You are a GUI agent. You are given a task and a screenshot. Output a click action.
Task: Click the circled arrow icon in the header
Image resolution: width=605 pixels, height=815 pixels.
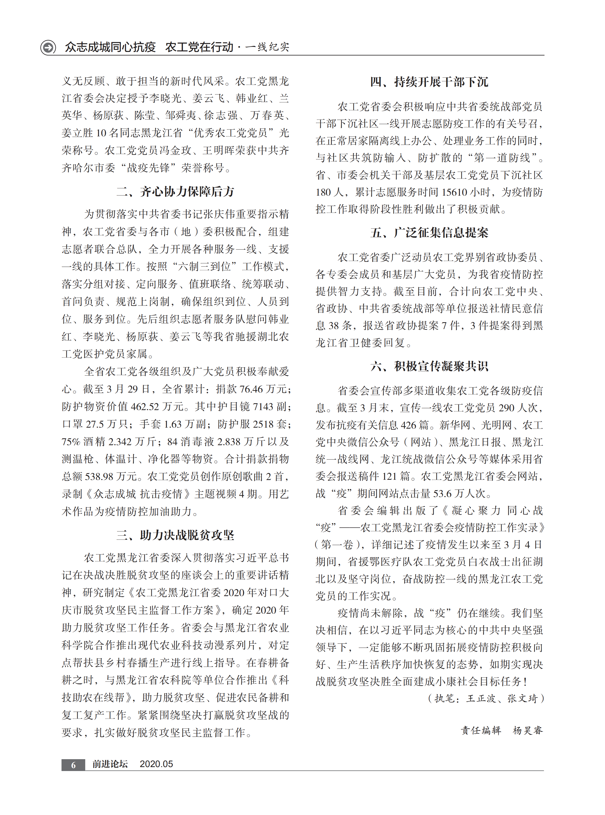[48, 47]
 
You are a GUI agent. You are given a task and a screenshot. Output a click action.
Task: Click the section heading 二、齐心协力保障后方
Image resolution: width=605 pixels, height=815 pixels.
[175, 191]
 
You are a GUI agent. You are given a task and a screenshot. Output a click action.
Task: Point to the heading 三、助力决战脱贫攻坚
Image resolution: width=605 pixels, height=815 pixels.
[175, 535]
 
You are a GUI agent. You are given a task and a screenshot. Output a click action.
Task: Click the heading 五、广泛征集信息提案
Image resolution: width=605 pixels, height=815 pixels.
[429, 233]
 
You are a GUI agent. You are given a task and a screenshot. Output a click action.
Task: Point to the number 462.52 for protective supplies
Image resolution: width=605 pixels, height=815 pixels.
[145, 407]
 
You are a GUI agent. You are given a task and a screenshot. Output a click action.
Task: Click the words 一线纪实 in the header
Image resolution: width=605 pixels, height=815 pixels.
[267, 47]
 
